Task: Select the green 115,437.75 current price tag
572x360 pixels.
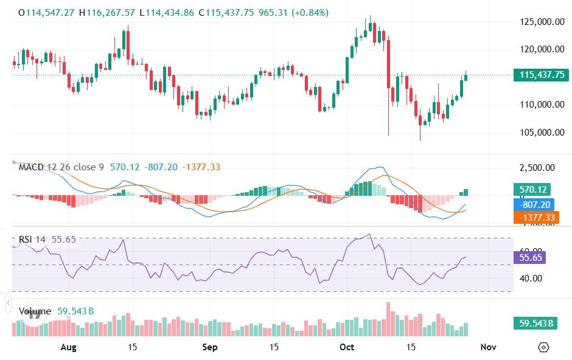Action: pos(542,75)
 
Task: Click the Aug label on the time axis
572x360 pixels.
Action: pos(69,347)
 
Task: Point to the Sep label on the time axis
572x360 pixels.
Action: pos(210,347)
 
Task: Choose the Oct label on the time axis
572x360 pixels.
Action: pos(347,347)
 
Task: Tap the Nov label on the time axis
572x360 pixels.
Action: pos(488,347)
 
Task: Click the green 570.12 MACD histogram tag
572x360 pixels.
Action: pos(531,189)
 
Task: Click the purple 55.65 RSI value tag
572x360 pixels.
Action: pos(529,257)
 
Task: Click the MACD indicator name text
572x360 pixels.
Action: pos(30,167)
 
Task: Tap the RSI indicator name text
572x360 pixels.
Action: pos(25,240)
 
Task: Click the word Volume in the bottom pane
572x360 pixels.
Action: pos(35,311)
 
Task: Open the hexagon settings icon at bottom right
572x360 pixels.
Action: pos(543,347)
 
